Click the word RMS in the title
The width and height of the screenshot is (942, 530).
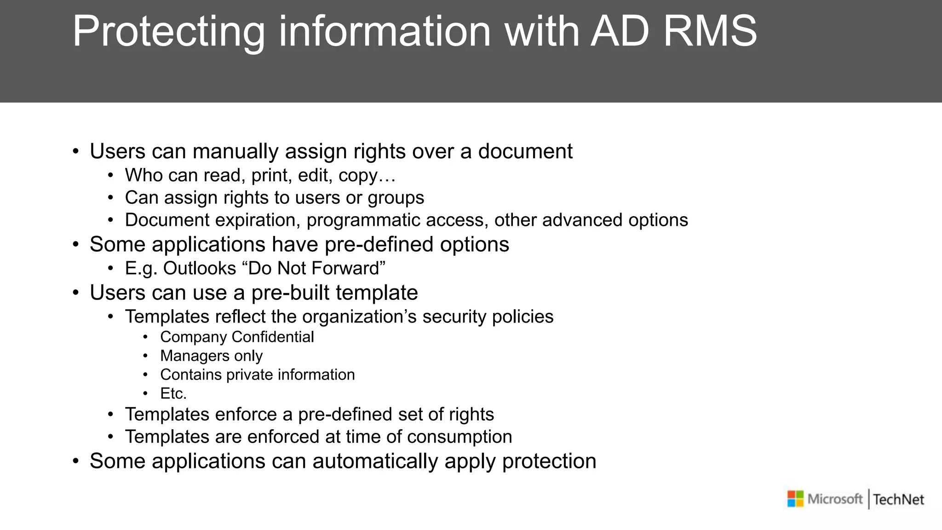tap(710, 31)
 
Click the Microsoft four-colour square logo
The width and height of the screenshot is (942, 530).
tap(795, 499)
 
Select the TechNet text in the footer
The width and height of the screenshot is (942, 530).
tap(898, 500)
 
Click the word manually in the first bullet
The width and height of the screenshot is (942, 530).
tap(235, 152)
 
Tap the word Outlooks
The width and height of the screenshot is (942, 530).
tap(199, 268)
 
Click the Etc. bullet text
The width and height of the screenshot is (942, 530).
tap(173, 393)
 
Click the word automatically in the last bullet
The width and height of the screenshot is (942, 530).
tap(375, 461)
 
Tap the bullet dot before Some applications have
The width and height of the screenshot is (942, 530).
tap(76, 245)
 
